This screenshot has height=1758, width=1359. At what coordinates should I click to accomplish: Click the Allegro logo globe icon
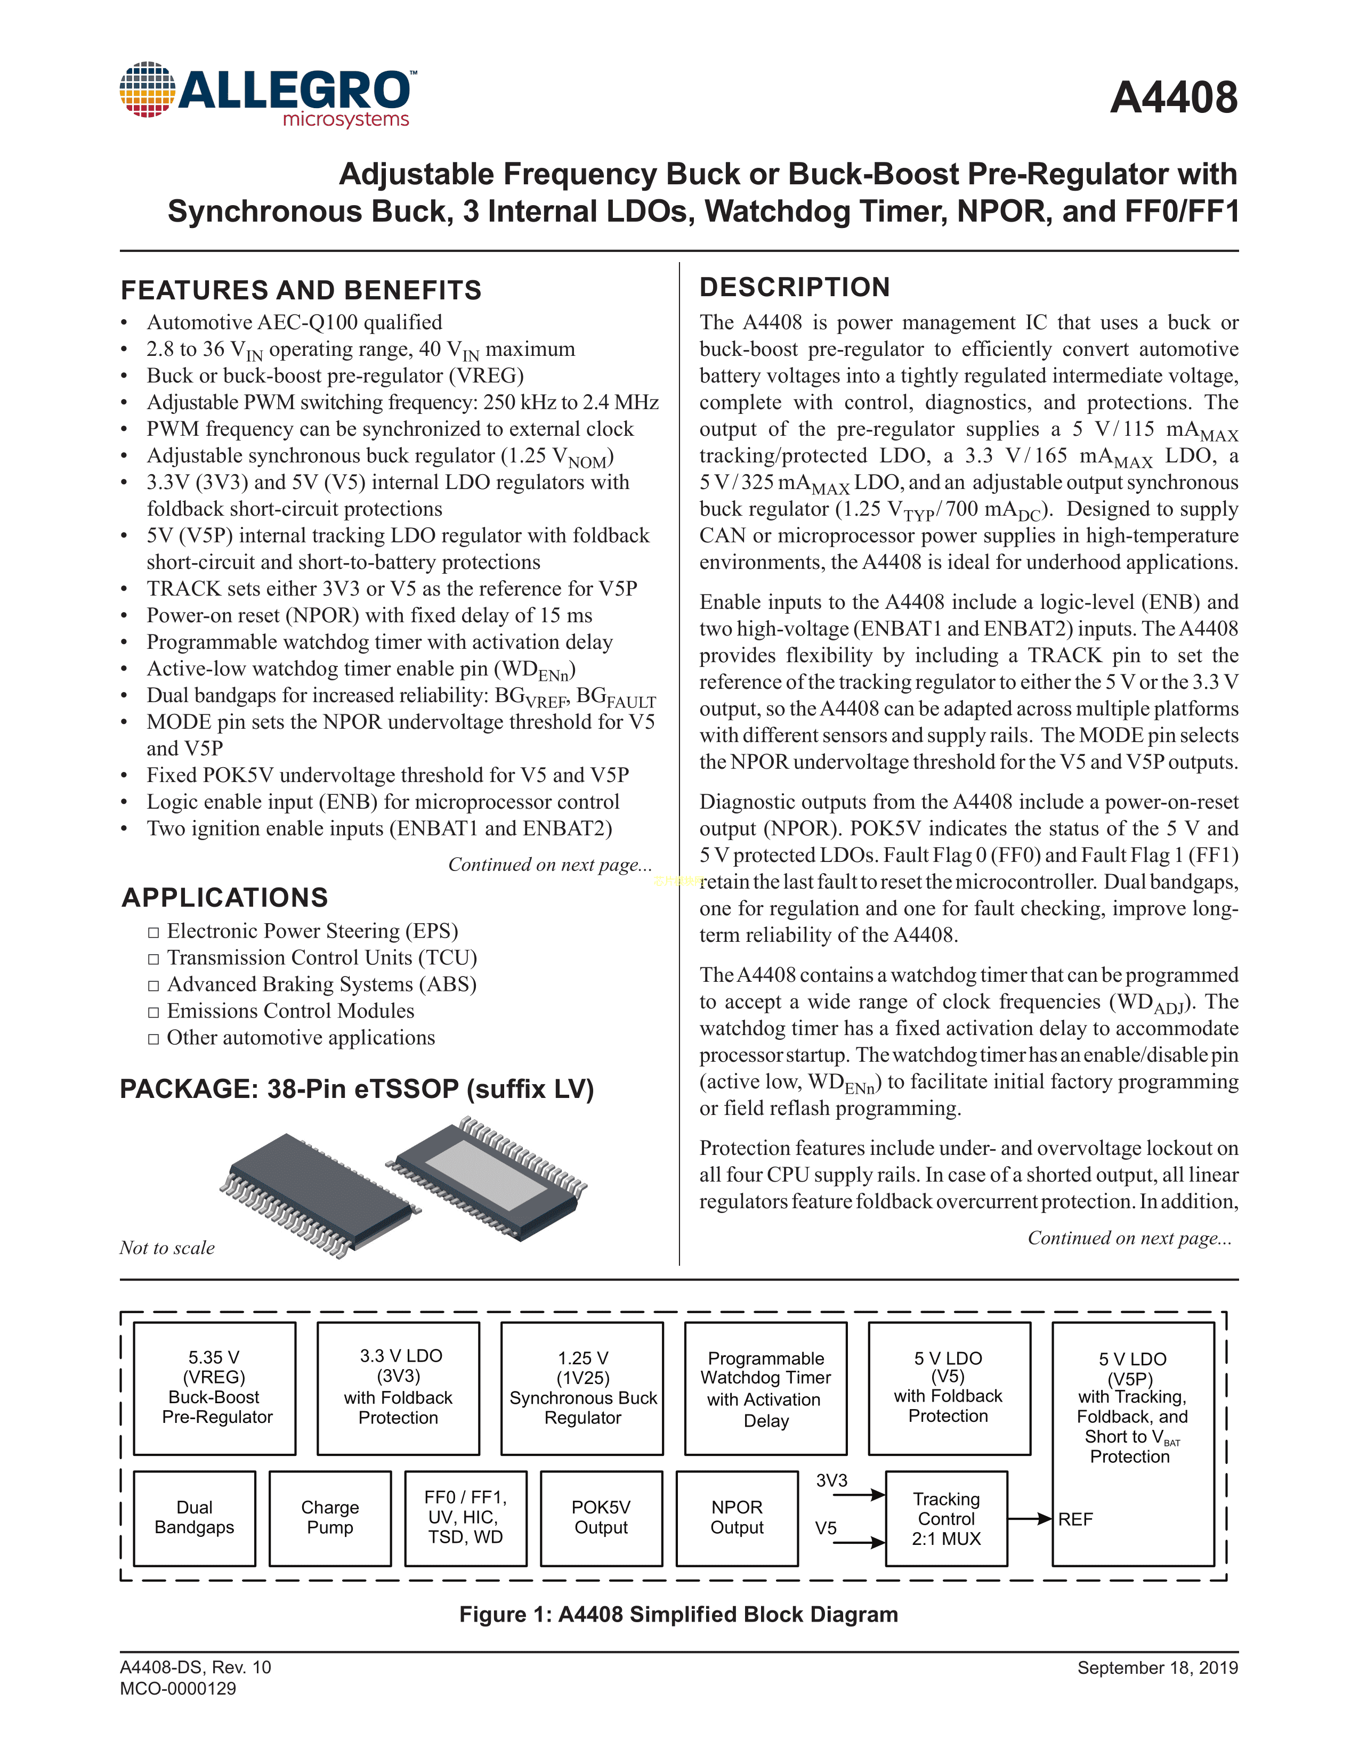pyautogui.click(x=147, y=89)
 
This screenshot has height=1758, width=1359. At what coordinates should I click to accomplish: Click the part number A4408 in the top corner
pyautogui.click(x=1173, y=98)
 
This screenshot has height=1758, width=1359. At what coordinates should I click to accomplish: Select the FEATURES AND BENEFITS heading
pyautogui.click(x=301, y=290)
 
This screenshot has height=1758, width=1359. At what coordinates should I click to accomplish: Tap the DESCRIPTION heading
pyautogui.click(x=795, y=287)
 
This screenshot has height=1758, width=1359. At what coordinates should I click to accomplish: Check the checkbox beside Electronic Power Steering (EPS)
pyautogui.click(x=154, y=932)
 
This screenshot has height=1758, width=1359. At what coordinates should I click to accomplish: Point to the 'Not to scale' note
pyautogui.click(x=167, y=1248)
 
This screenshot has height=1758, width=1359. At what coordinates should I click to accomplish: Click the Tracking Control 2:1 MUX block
pyautogui.click(x=946, y=1518)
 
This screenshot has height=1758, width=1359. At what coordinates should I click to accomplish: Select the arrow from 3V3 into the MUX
pyautogui.click(x=859, y=1495)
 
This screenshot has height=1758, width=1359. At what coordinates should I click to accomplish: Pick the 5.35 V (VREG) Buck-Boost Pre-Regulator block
pyautogui.click(x=215, y=1388)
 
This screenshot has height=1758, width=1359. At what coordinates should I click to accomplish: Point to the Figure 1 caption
pyautogui.click(x=678, y=1614)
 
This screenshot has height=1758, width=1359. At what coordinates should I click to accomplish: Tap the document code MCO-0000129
pyautogui.click(x=178, y=1689)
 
